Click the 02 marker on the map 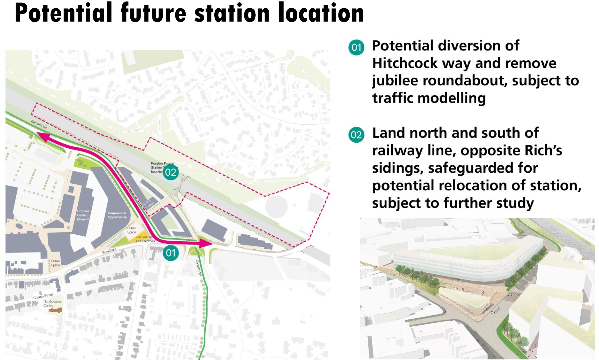pyautogui.click(x=171, y=172)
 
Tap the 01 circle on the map pyautogui.click(x=171, y=253)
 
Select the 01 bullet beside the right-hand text pyautogui.click(x=356, y=47)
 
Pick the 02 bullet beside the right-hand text pyautogui.click(x=356, y=135)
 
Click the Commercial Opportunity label pyautogui.click(x=117, y=215)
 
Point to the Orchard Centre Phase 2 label pyautogui.click(x=83, y=215)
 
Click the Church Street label pyautogui.click(x=43, y=296)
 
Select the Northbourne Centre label pyautogui.click(x=52, y=303)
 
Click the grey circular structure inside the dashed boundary pyautogui.click(x=276, y=206)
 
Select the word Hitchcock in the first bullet pyautogui.click(x=405, y=63)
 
